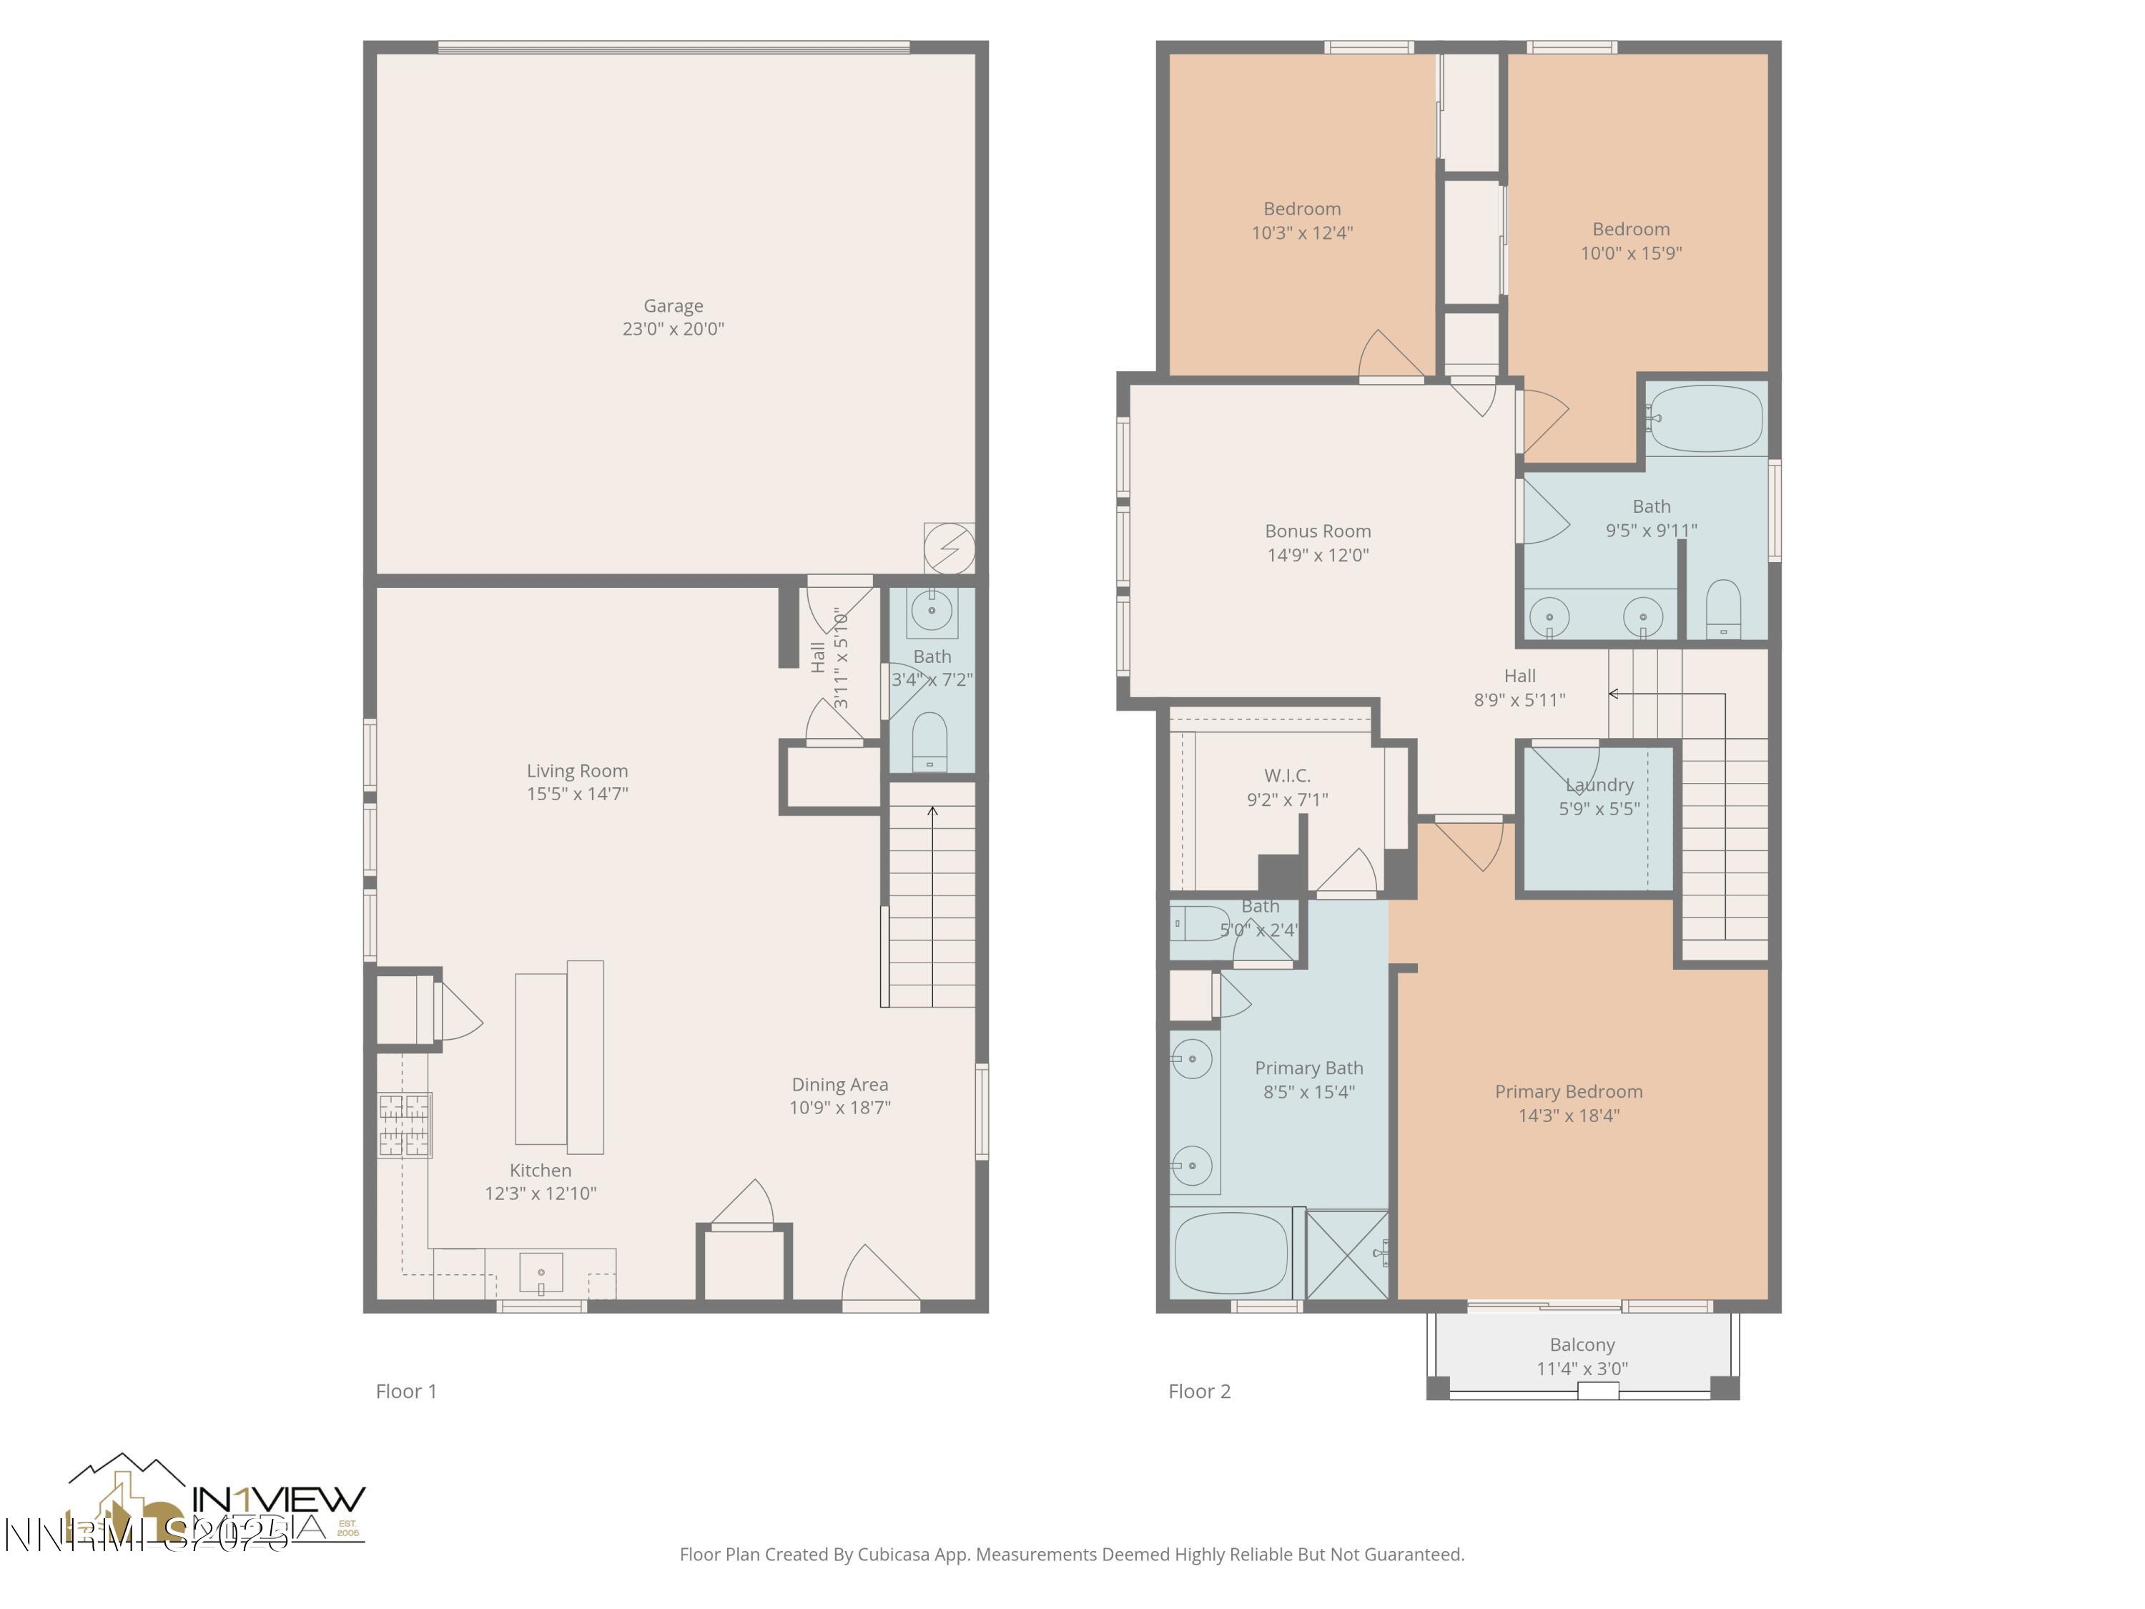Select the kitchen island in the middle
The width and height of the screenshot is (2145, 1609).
click(x=560, y=1057)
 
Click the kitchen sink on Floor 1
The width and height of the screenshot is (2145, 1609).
click(x=541, y=1272)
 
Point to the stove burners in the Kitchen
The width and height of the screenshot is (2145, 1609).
click(x=405, y=1125)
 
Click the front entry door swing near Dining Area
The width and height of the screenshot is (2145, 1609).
click(x=879, y=1275)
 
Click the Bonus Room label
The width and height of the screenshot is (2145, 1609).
click(x=1317, y=531)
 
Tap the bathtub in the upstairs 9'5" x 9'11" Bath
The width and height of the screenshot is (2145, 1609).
click(x=1705, y=419)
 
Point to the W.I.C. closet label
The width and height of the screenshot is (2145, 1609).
click(x=1287, y=776)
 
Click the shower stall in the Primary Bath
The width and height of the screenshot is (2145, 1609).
click(x=1347, y=1254)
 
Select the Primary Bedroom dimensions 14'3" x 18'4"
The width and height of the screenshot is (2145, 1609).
click(x=1568, y=1116)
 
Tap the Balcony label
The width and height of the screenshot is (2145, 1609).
click(x=1582, y=1345)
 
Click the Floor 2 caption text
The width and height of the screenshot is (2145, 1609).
click(x=1198, y=1392)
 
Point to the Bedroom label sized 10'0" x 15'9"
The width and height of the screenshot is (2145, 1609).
click(x=1630, y=230)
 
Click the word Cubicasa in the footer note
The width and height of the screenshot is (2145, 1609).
click(x=892, y=1555)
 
